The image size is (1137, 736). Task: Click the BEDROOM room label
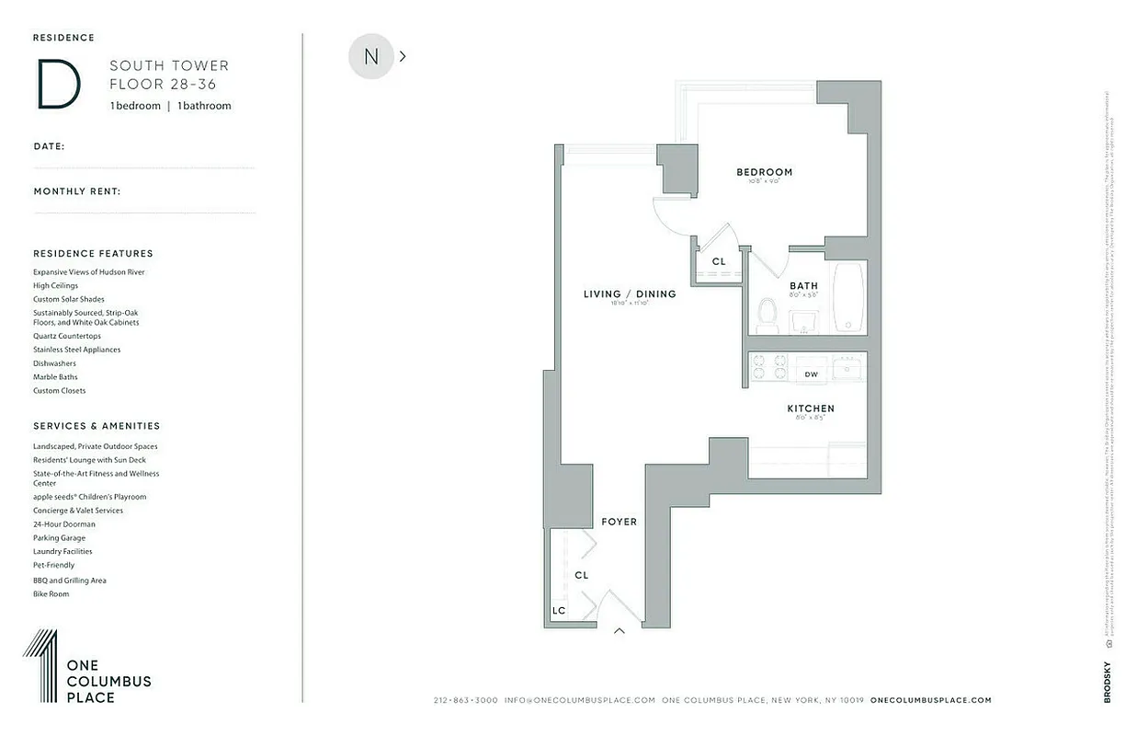coord(764,172)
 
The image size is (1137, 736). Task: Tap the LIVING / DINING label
coord(630,294)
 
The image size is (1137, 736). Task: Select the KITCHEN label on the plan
coord(811,408)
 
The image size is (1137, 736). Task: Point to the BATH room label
coord(804,286)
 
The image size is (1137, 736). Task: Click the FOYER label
coord(619,522)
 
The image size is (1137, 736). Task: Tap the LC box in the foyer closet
coord(559,611)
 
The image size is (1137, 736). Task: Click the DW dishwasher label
coord(811,374)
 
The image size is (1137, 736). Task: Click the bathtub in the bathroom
coord(848,297)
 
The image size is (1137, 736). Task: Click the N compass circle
coord(371,56)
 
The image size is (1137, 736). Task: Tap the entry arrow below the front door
coord(620,631)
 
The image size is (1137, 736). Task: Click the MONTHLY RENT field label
coord(77,191)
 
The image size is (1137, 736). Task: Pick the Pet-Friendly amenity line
coord(54,565)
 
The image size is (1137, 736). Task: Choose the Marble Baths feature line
coord(55,377)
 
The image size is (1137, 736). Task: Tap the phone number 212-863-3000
coord(465,700)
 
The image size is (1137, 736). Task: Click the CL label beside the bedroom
coord(719,261)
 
